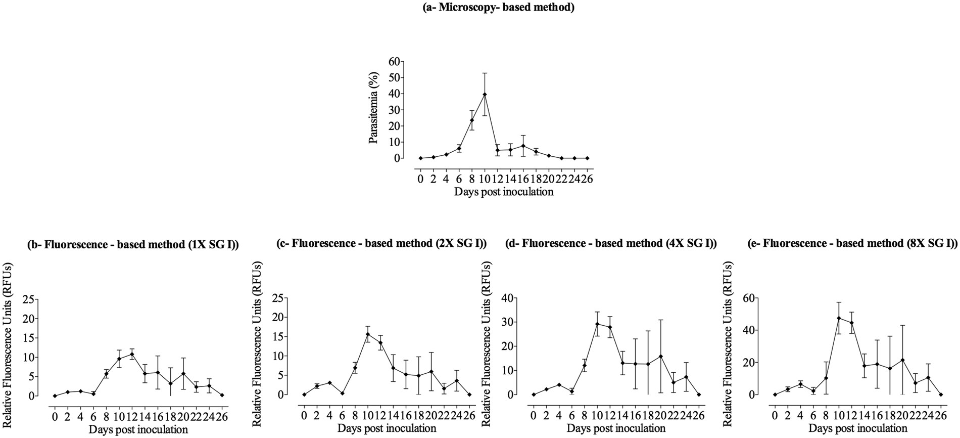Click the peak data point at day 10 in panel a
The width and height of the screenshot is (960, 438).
pyautogui.click(x=485, y=95)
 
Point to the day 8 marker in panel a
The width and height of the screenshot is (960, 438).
pyautogui.click(x=472, y=120)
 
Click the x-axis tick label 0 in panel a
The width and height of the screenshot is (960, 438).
pyautogui.click(x=420, y=179)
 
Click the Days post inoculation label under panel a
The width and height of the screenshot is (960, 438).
pyautogui.click(x=503, y=192)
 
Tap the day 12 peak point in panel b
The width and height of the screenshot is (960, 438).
pyautogui.click(x=132, y=355)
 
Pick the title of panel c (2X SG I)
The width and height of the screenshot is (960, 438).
pyautogui.click(x=381, y=243)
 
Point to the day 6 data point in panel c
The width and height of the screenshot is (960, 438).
pyautogui.click(x=343, y=393)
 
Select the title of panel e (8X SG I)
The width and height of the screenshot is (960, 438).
pyautogui.click(x=852, y=243)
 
